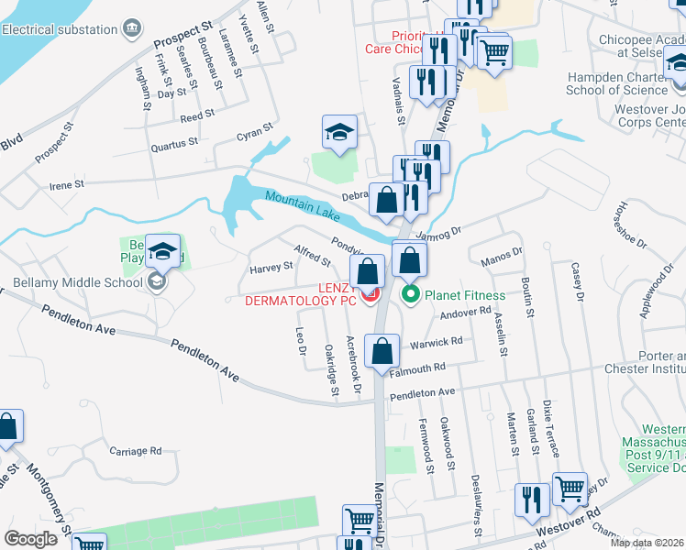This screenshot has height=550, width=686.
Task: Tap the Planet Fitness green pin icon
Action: (x=411, y=295)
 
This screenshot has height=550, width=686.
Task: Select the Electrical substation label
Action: (x=61, y=28)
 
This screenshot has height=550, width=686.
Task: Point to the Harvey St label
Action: (x=271, y=269)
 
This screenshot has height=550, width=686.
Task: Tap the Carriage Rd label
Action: (x=135, y=451)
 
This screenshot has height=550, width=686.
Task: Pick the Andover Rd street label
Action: (x=466, y=313)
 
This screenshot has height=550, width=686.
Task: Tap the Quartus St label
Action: (x=174, y=143)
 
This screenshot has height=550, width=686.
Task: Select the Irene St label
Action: (x=66, y=184)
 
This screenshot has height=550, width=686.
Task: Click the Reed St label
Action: (x=196, y=117)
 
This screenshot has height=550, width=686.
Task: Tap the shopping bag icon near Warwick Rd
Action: (x=382, y=351)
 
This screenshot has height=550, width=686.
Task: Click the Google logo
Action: (x=31, y=539)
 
